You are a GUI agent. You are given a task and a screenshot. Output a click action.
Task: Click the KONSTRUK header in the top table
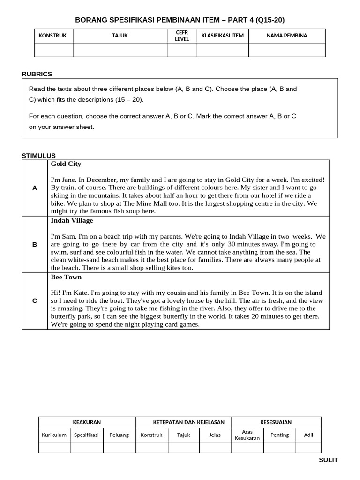(52, 36)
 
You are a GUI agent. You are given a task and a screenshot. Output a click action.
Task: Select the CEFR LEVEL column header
(182, 36)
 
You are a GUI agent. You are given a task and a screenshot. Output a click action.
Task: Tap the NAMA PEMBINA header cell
(287, 36)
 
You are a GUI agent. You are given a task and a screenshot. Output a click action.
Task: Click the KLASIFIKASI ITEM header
(223, 36)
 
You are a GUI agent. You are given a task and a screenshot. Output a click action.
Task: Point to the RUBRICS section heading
(37, 74)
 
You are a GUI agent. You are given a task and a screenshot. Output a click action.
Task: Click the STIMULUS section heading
(39, 156)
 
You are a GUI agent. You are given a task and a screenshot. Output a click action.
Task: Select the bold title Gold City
(66, 164)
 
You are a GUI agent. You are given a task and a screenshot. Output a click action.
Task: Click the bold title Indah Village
(72, 220)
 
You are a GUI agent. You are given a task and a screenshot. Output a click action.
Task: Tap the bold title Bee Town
(66, 277)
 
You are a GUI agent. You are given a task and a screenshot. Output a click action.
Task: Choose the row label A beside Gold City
(35, 188)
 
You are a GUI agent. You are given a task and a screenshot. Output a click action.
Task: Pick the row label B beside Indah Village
(35, 244)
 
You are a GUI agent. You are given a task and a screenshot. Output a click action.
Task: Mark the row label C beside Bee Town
(35, 300)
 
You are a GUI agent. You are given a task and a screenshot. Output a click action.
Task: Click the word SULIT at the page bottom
(328, 460)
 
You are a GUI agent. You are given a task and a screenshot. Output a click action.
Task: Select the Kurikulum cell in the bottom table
(54, 435)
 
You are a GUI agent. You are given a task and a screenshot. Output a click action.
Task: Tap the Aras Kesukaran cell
(247, 435)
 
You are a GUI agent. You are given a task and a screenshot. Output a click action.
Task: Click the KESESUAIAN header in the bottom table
(276, 422)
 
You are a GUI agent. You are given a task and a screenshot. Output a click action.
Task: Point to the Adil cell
(308, 435)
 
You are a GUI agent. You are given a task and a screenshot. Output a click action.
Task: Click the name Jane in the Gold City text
(67, 180)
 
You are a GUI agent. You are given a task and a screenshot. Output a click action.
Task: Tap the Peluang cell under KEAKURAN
(119, 435)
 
